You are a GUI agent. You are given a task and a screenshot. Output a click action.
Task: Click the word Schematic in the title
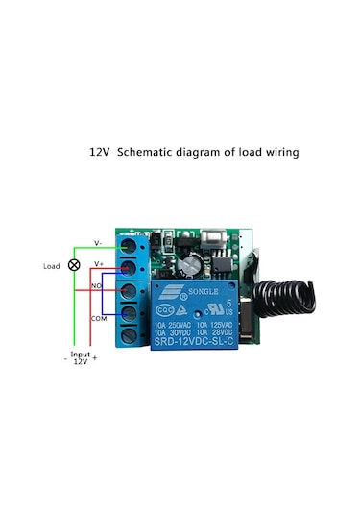[145, 152]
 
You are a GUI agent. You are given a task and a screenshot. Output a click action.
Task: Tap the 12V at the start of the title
[101, 152]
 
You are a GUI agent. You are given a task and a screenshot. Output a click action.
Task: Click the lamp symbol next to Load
[73, 264]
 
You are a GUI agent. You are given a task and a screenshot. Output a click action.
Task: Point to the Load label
[51, 265]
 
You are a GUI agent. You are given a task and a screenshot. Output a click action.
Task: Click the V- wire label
[97, 242]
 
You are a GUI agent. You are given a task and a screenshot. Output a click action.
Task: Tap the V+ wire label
[97, 262]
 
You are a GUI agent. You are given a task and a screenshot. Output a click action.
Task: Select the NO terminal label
[96, 286]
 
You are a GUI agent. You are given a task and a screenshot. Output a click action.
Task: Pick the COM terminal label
[98, 317]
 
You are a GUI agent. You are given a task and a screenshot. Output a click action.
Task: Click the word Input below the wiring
[81, 354]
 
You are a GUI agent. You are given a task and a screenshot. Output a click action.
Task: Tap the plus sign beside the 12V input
[95, 362]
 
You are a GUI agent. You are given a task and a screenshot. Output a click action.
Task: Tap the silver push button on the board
[211, 235]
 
